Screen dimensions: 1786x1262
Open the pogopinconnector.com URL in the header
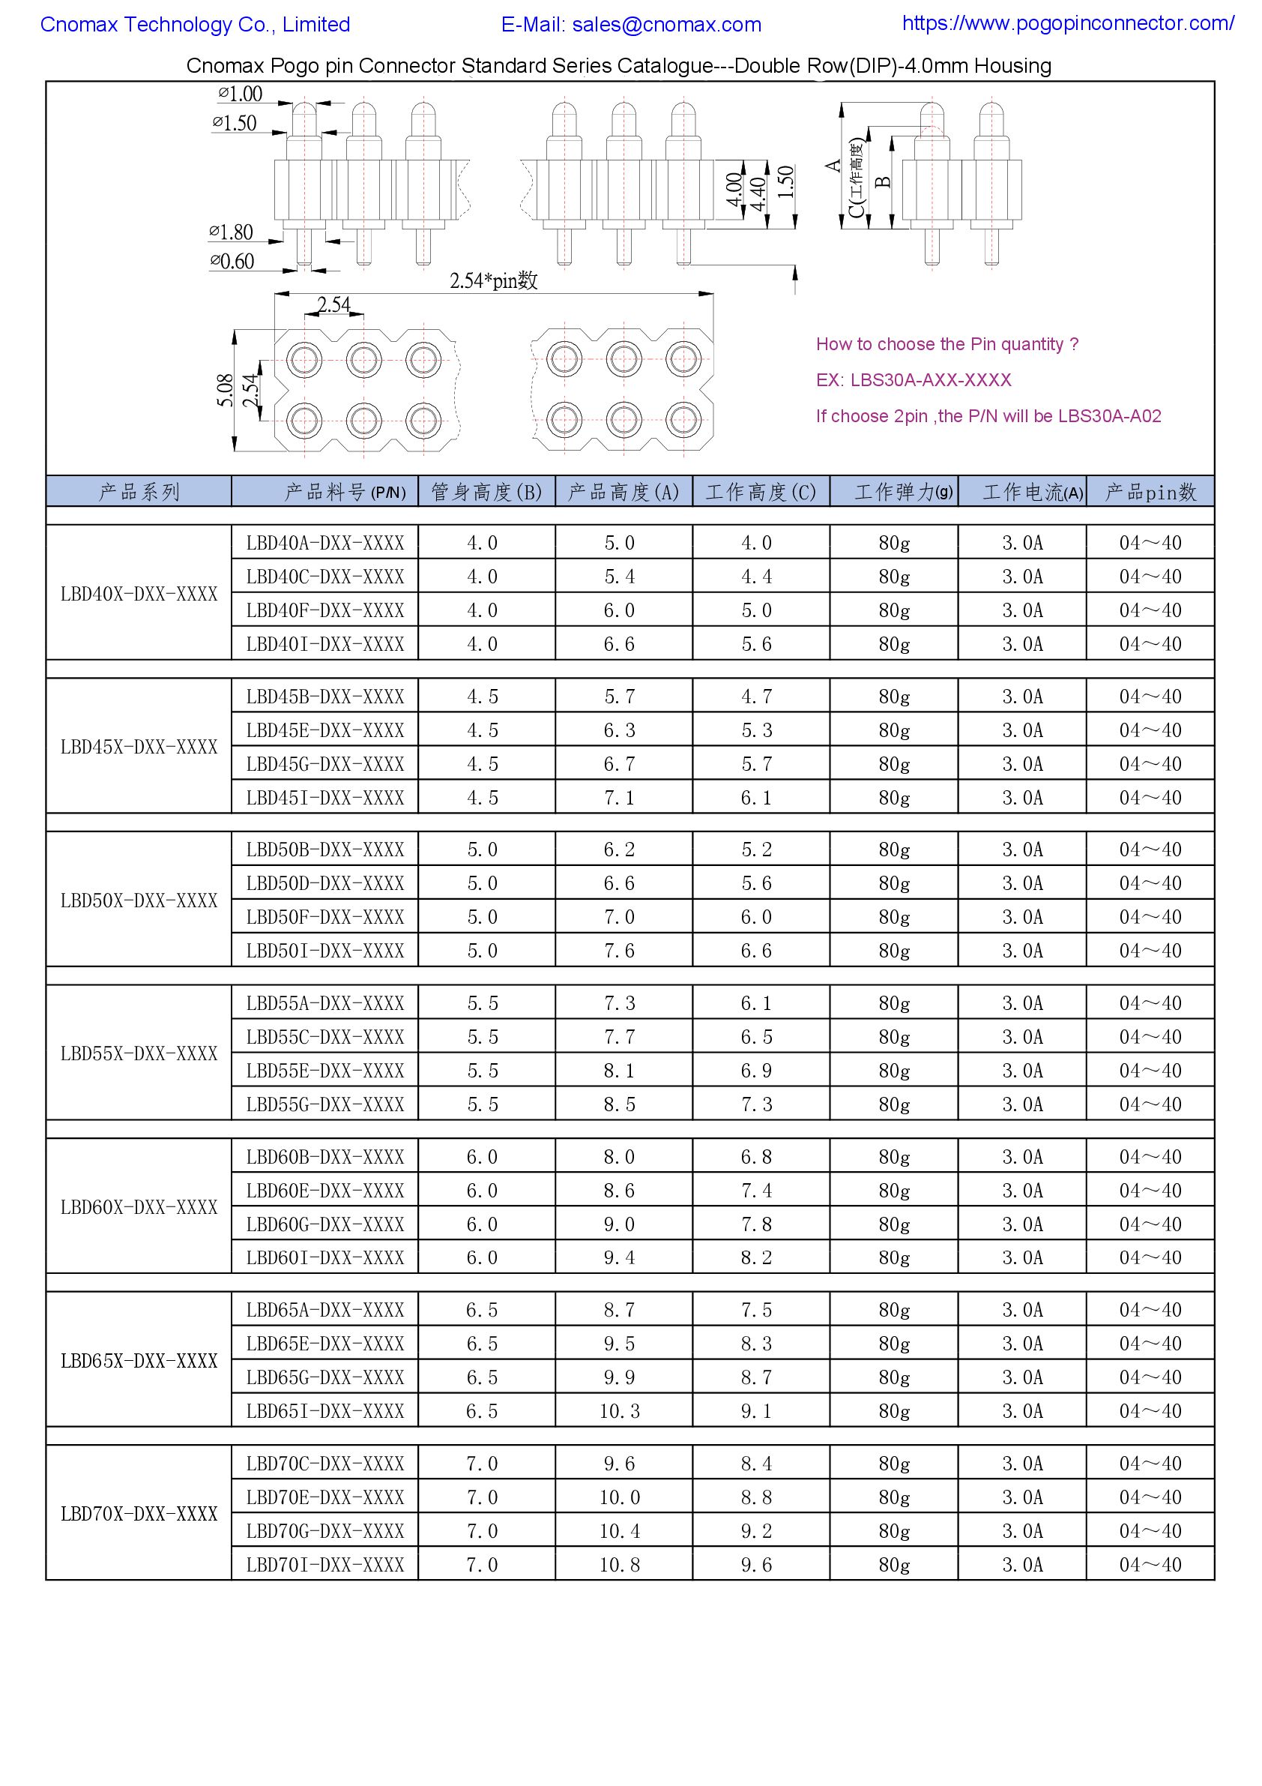tap(1068, 23)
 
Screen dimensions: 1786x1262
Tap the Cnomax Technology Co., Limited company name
tap(195, 25)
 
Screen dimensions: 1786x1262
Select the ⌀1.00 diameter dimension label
tap(241, 94)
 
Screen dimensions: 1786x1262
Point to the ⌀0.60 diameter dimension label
tap(232, 262)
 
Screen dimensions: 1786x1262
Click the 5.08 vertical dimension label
tap(226, 391)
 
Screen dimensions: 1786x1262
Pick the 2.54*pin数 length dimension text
tap(494, 281)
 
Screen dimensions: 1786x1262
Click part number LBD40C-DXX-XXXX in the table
tap(325, 577)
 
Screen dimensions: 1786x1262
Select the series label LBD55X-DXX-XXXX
tap(139, 1054)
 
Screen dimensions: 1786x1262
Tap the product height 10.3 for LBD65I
tap(620, 1412)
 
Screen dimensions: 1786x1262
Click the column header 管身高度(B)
tap(487, 493)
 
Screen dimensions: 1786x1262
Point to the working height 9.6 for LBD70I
tap(757, 1565)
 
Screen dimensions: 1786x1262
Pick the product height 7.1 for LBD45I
tap(620, 798)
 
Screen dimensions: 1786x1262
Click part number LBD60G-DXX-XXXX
tap(325, 1225)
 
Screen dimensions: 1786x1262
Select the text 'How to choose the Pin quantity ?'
tap(947, 345)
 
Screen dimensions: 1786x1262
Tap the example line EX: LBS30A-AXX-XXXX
tap(914, 380)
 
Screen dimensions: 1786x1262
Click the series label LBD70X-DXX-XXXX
tap(139, 1515)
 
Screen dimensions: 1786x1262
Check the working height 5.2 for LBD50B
tap(757, 850)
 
